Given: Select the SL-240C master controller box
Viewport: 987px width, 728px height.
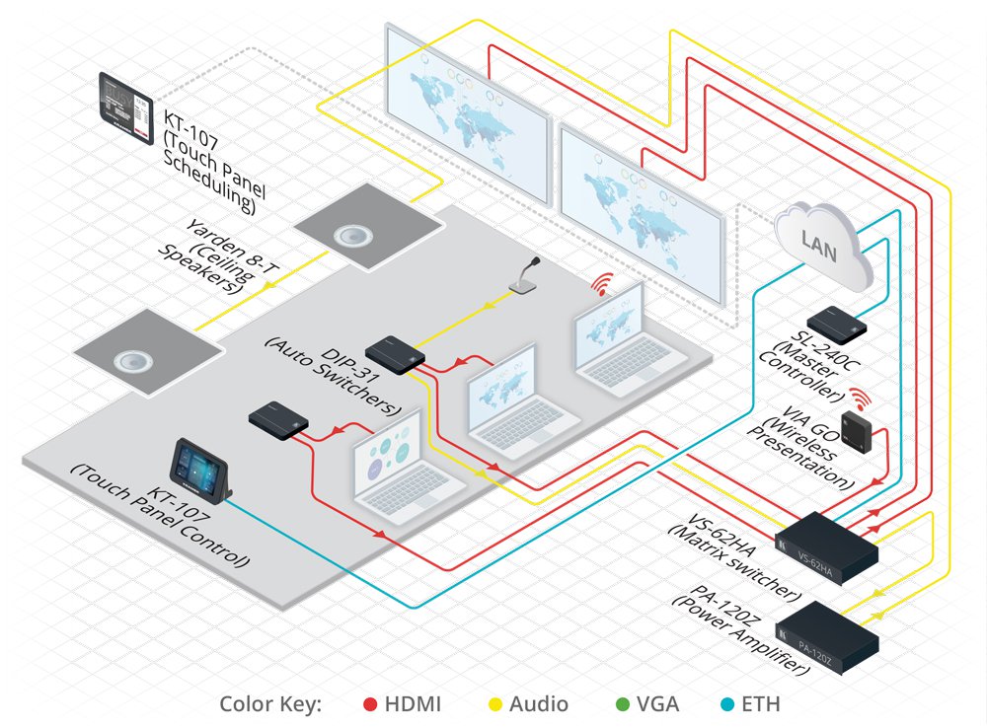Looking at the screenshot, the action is click(x=837, y=325).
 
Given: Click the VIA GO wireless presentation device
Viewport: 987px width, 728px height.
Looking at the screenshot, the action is click(x=856, y=430).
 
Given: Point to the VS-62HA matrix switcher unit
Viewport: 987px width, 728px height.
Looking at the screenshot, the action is click(x=826, y=547).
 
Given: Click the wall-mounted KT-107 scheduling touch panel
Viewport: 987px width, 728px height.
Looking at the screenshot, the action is click(x=126, y=109).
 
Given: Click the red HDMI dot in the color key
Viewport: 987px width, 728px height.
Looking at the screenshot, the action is click(x=370, y=704).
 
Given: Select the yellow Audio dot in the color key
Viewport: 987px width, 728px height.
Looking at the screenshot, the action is click(x=496, y=704).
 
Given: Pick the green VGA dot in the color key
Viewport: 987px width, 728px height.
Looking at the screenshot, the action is click(x=623, y=704).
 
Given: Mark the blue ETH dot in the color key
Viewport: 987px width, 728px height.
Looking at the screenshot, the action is click(x=727, y=704).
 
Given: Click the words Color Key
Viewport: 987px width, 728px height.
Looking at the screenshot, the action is click(x=270, y=704).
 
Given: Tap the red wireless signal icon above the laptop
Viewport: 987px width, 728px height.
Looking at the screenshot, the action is click(x=602, y=284).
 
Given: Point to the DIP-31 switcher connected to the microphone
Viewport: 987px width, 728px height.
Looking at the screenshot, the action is click(x=395, y=355).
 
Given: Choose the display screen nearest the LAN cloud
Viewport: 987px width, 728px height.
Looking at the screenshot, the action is click(x=643, y=213).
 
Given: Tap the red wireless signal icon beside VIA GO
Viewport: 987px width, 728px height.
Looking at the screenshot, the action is click(x=860, y=399).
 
